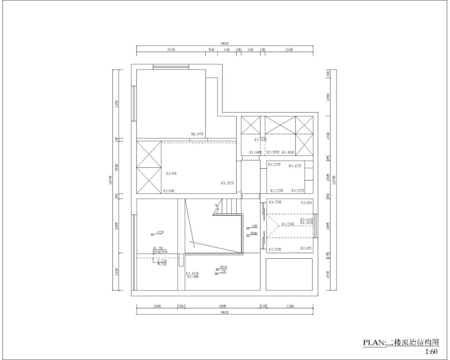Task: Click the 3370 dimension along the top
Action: (171, 49)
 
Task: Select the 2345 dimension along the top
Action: (289, 49)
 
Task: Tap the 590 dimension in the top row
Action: (211, 49)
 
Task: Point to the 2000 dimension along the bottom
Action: (157, 306)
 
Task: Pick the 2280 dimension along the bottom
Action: (290, 306)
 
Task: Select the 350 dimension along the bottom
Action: (181, 306)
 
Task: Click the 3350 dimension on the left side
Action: (117, 103)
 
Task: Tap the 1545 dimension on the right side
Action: (328, 275)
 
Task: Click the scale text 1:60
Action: (432, 352)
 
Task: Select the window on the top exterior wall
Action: (171, 66)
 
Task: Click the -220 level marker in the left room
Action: (159, 232)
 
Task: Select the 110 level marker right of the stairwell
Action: (254, 226)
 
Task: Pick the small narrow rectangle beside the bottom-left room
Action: (181, 260)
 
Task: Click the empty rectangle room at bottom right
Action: (289, 274)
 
